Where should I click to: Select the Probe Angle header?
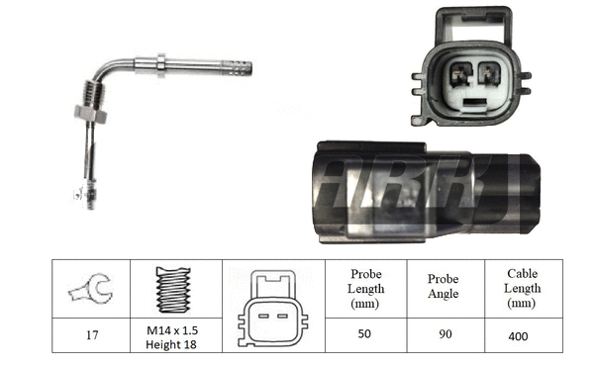tap(443, 288)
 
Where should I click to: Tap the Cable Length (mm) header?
tap(521, 288)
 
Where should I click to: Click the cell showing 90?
tap(443, 335)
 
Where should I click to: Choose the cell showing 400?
tap(521, 335)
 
